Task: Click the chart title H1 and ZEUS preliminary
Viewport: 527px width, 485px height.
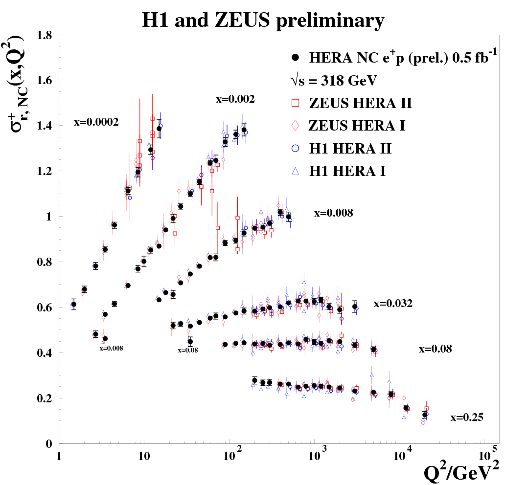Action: point(263,20)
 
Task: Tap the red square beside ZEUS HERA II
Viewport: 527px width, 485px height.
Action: point(295,104)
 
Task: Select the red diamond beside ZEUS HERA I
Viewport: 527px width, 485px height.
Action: point(295,126)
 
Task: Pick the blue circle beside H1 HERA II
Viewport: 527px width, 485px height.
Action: point(295,148)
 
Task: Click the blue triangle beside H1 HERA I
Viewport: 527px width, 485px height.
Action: point(295,171)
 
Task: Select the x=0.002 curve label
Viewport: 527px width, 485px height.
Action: point(235,99)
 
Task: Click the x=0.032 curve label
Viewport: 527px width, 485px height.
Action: point(393,304)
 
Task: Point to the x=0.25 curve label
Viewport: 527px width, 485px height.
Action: point(467,418)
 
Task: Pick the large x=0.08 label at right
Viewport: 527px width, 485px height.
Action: point(435,349)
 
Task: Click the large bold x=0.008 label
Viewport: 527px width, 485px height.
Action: point(333,213)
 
